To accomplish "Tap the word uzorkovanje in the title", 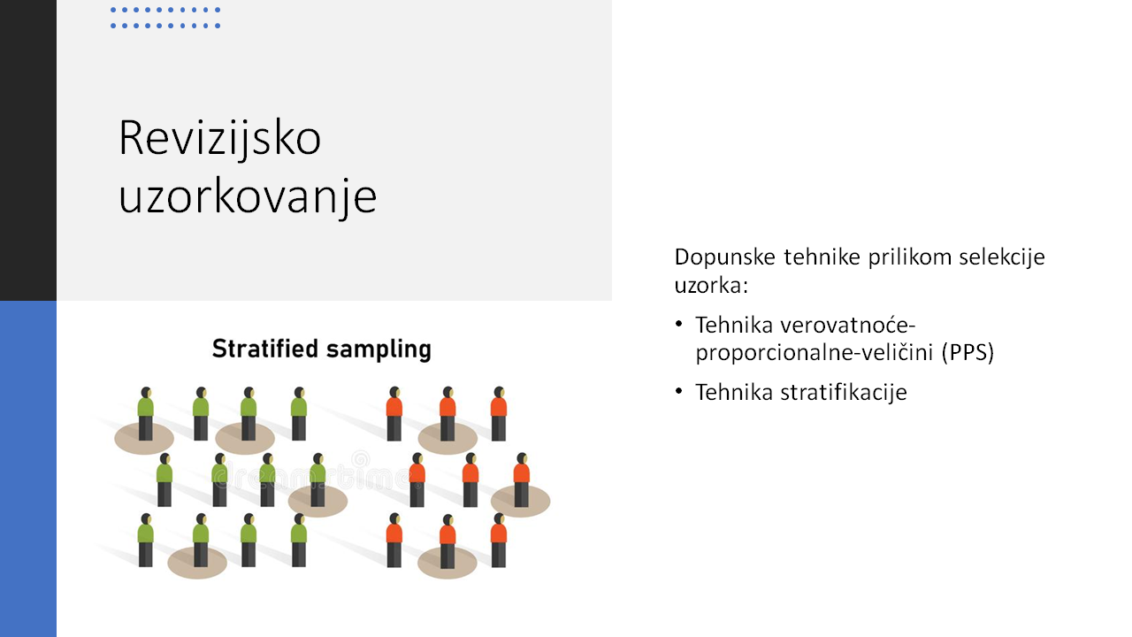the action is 248,197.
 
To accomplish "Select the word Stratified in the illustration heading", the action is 265,349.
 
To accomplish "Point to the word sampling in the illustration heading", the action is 379,349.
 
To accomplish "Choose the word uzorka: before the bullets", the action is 711,286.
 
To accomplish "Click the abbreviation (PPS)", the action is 968,352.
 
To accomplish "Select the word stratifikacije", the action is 844,392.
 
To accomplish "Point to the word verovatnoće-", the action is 848,325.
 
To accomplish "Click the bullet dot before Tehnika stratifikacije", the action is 678,391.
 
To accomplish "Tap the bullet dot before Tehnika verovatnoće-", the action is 678,324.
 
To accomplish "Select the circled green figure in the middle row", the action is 317,480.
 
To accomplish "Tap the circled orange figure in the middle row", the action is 522,480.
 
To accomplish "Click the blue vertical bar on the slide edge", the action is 28,469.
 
